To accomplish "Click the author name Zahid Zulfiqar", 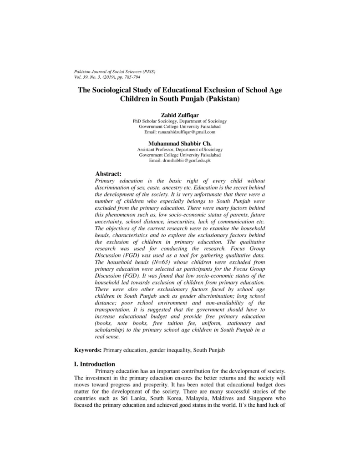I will pyautogui.click(x=180, y=115).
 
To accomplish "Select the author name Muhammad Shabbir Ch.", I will pyautogui.click(x=180, y=143).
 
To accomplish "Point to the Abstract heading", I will pyautogui.click(x=108, y=173).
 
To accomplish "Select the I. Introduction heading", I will pyautogui.click(x=95, y=364).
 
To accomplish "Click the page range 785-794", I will pyautogui.click(x=130, y=78).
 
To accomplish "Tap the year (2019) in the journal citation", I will pyautogui.click(x=104, y=78).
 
